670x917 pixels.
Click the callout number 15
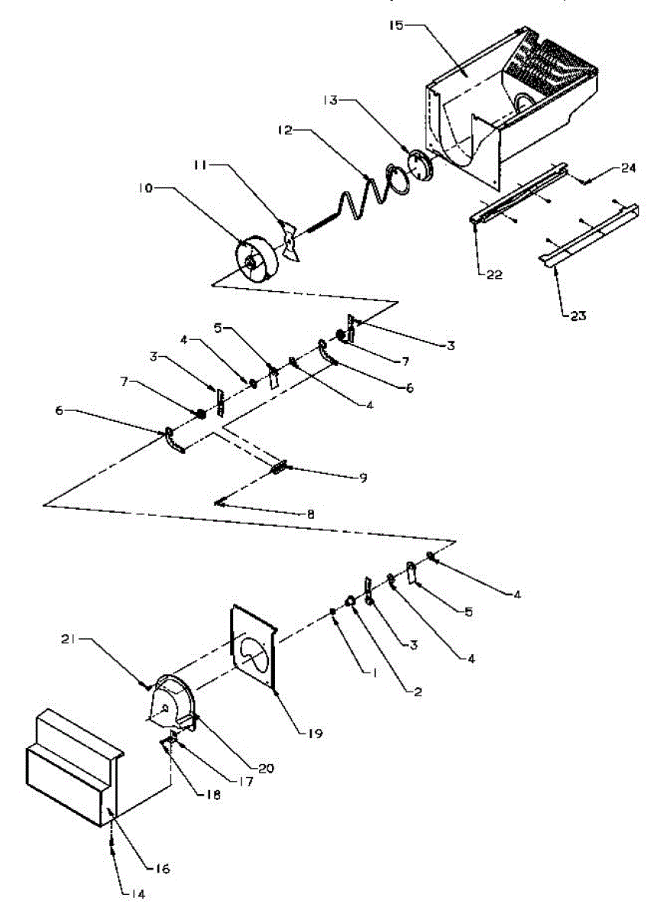click(x=396, y=25)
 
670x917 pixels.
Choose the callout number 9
click(x=363, y=478)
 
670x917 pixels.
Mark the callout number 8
click(x=311, y=514)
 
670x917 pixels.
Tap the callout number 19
click(x=315, y=734)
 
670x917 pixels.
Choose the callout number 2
click(x=417, y=692)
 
